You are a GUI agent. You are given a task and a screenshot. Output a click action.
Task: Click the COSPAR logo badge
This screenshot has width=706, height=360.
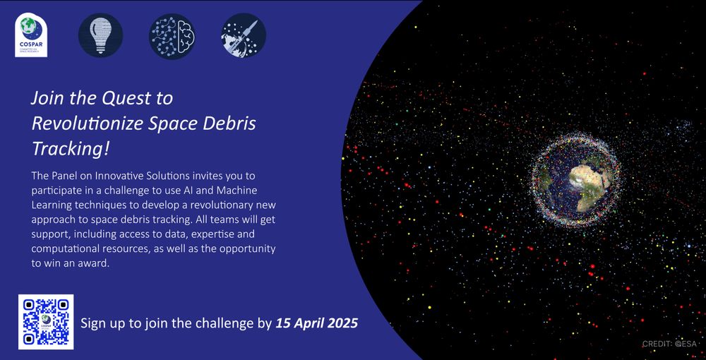click(x=31, y=35)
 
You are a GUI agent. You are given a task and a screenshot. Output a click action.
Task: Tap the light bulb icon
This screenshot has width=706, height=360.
click(x=100, y=35)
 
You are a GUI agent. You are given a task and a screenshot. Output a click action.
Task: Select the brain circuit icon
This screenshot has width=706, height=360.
click(x=172, y=36)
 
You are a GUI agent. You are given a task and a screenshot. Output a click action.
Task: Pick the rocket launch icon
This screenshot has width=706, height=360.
click(x=243, y=35)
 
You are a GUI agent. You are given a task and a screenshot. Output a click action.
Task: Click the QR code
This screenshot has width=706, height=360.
click(x=46, y=322)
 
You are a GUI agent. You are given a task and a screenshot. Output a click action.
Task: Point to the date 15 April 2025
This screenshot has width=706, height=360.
click(x=316, y=323)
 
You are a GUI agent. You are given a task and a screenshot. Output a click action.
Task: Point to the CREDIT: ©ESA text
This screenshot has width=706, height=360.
click(x=669, y=344)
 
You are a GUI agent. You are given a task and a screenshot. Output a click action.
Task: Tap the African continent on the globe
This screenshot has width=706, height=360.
click(x=591, y=184)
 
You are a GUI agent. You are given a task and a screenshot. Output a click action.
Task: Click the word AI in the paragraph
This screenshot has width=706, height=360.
click(x=189, y=191)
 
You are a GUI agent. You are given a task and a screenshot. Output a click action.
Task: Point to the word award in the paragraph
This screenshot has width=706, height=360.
click(x=95, y=264)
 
